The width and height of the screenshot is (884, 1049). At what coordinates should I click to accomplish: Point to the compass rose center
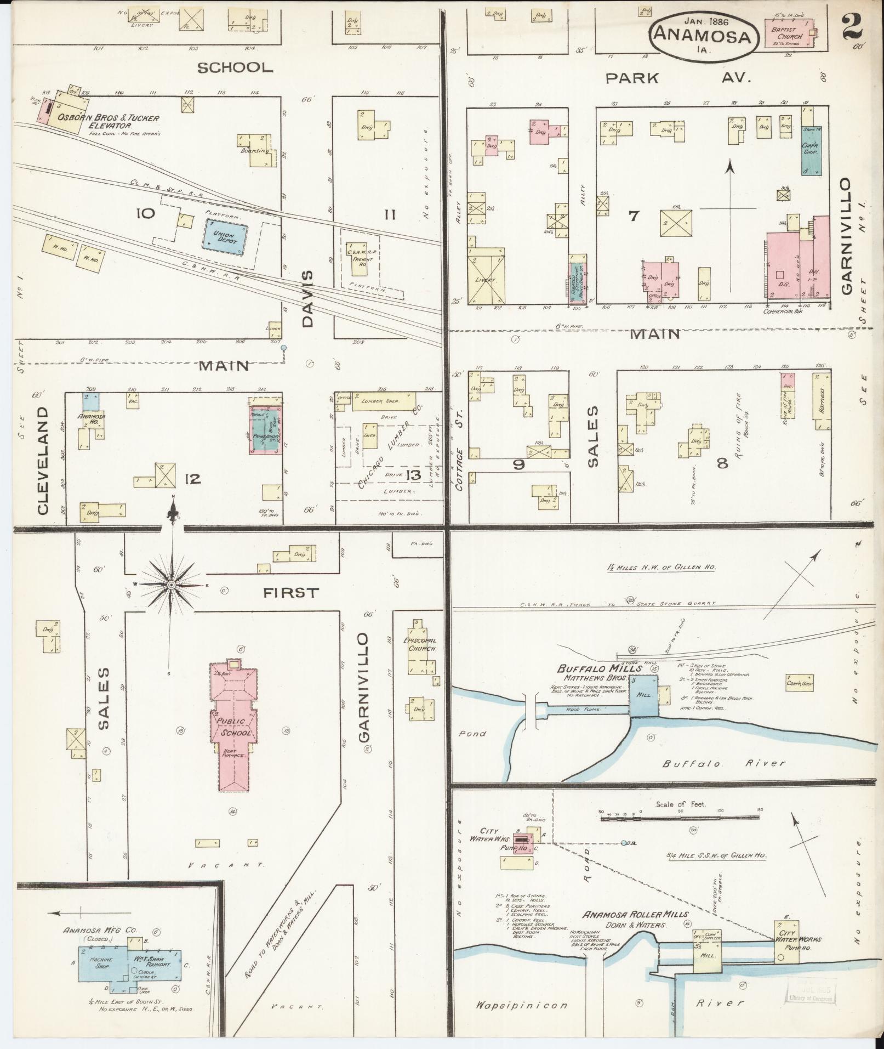tap(172, 585)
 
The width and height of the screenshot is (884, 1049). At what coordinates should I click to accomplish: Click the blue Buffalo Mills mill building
tap(643, 695)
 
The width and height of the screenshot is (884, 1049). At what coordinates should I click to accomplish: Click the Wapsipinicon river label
tap(521, 1005)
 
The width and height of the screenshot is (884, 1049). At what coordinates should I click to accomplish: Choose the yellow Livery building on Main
tap(486, 278)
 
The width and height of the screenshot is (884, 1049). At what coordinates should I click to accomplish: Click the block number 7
tap(634, 216)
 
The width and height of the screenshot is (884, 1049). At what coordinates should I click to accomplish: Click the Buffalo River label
tap(723, 763)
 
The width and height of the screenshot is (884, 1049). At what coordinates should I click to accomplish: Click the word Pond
tap(472, 734)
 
